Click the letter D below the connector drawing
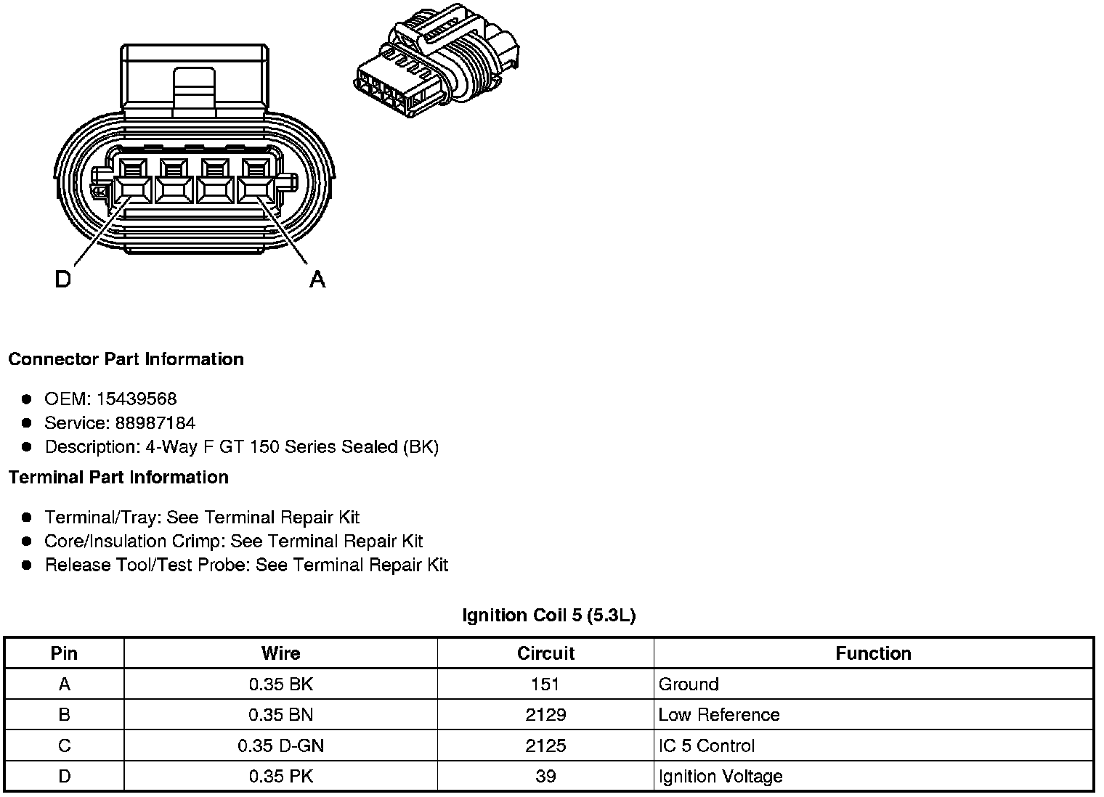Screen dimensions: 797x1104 (63, 279)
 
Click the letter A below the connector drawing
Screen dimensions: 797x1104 (317, 279)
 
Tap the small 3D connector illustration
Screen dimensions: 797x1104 (437, 65)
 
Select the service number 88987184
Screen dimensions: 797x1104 (155, 422)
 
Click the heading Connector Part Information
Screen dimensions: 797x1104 (126, 359)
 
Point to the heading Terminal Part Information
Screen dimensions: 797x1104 (118, 477)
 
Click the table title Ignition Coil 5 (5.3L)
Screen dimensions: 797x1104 (548, 616)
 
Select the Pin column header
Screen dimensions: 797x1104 (64, 653)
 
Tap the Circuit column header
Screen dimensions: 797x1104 (545, 653)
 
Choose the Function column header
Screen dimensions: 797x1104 (873, 653)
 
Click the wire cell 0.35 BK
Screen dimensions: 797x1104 (280, 684)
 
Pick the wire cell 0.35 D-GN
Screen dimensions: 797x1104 (280, 745)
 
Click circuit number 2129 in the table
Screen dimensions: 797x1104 (545, 715)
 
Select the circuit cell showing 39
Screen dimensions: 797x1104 (545, 776)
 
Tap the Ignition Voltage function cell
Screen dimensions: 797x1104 (721, 776)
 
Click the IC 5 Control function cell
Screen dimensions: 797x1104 (706, 745)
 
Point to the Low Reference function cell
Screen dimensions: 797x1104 (719, 715)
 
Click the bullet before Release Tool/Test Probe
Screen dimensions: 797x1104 (27, 565)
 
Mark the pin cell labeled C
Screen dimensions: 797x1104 (64, 745)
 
